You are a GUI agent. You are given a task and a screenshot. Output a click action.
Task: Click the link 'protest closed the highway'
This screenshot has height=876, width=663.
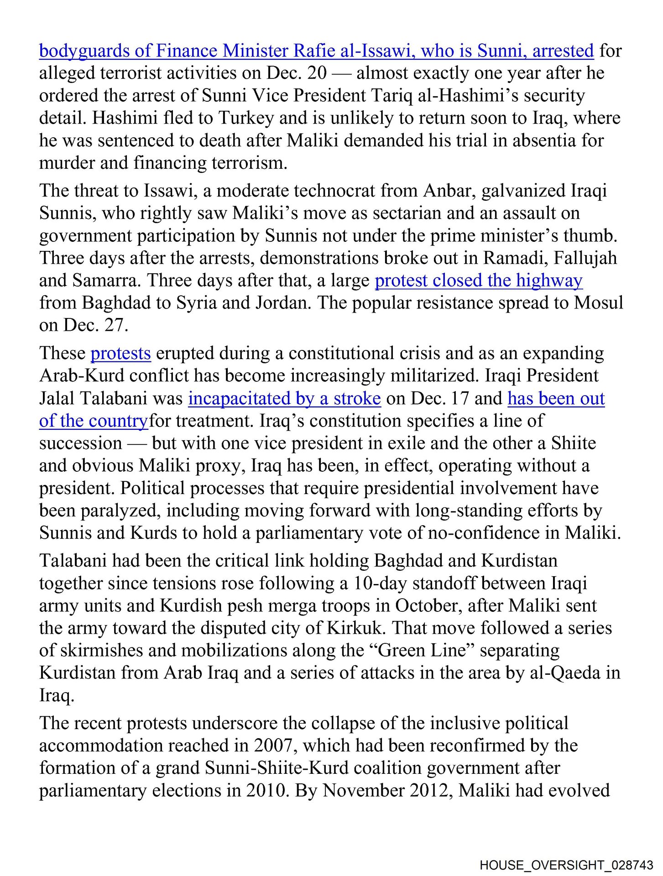pyautogui.click(x=478, y=281)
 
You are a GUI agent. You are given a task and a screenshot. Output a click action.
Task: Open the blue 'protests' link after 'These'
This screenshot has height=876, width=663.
pyautogui.click(x=120, y=354)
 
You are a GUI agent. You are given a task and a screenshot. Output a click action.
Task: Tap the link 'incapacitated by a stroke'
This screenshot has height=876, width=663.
pyautogui.click(x=284, y=398)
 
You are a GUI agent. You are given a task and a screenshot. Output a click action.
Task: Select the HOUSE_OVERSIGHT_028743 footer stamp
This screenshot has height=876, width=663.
pyautogui.click(x=566, y=865)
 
